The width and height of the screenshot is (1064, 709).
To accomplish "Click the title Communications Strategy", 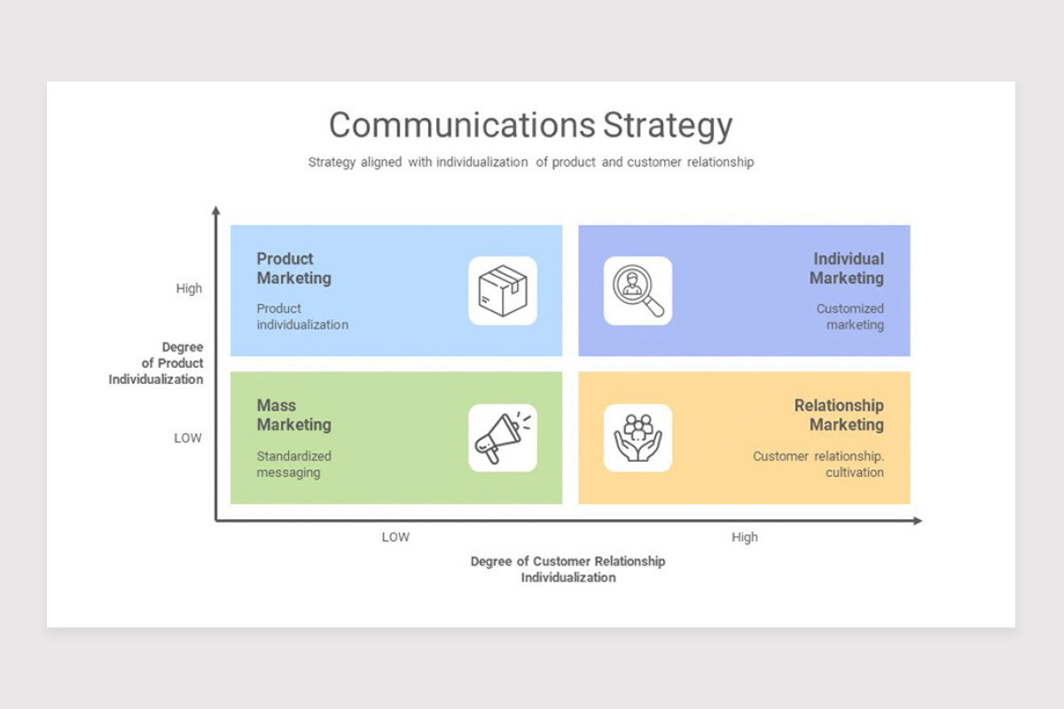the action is (x=530, y=126).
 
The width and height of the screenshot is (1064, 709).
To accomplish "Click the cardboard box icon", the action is (x=503, y=291).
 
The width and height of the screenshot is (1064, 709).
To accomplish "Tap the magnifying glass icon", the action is (x=638, y=291).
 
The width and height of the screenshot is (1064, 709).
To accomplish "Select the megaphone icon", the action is (x=503, y=438).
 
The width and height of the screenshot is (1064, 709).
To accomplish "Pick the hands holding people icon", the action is (x=638, y=438).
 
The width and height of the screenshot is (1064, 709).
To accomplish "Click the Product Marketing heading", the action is (x=294, y=269).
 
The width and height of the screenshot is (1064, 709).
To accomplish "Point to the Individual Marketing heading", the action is (x=847, y=269).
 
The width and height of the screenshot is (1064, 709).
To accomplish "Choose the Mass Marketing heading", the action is (x=294, y=415).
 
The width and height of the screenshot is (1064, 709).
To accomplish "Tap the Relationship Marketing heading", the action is (x=839, y=415).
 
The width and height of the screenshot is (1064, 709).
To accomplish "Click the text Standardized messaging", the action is (x=294, y=464).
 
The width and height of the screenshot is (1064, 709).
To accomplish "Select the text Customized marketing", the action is (x=850, y=316).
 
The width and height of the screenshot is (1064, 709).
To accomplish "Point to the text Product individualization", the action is (x=302, y=316).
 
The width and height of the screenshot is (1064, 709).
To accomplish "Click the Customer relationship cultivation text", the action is (x=818, y=464).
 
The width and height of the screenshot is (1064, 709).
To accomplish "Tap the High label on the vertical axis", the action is (x=189, y=288).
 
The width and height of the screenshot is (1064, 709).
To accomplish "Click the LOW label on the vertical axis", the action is (x=188, y=438).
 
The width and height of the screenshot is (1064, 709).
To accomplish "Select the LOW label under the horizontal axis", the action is (x=395, y=537).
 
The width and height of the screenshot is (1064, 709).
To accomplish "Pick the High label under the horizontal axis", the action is (x=745, y=537).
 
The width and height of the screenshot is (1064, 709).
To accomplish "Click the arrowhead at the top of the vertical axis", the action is (x=215, y=210).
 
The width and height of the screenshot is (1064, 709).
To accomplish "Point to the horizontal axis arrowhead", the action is (x=918, y=521).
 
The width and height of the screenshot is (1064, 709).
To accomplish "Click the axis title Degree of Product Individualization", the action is (x=156, y=363).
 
